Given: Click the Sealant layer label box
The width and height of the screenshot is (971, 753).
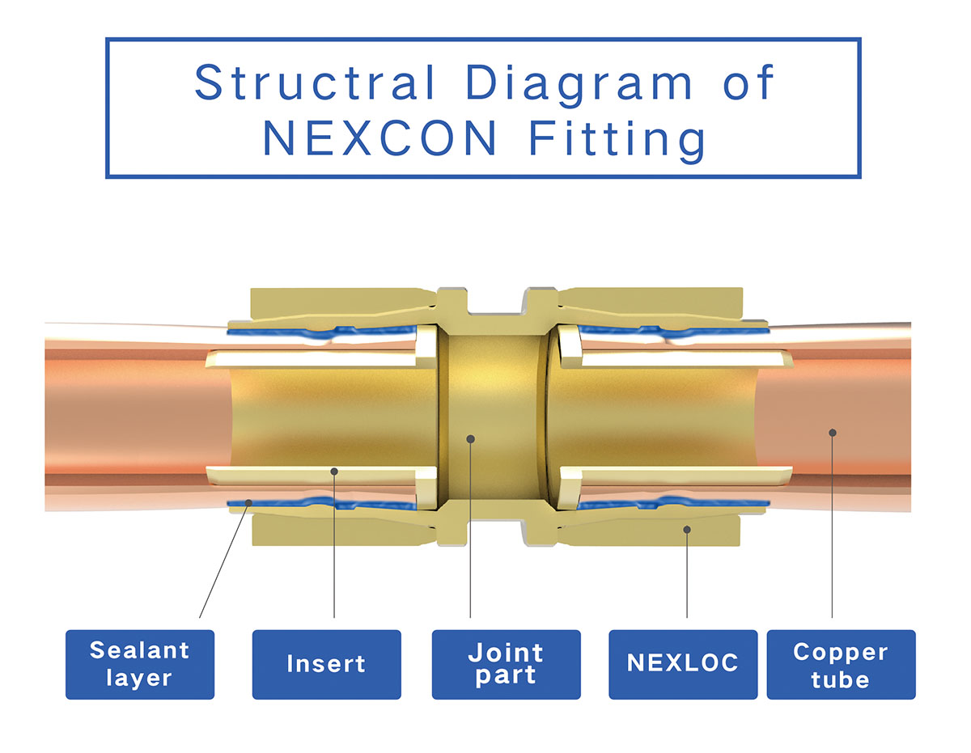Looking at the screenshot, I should pos(140,664).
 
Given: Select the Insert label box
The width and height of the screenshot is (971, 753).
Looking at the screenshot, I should pos(326,664).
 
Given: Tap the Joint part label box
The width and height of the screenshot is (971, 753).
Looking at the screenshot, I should pos(506,664).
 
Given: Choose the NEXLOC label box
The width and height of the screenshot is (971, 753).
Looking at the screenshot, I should pos(683,664).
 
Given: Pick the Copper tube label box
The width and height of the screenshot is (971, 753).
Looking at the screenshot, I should pos(841,664).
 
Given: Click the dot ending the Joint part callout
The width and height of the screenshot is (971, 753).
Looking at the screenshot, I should pos(471,438).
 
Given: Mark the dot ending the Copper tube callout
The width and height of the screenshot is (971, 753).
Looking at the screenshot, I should pos(832,432).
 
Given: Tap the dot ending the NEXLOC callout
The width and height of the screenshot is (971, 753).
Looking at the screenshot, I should pos(687,530).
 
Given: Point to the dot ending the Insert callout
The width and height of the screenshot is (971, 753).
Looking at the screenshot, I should pos(334,470).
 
